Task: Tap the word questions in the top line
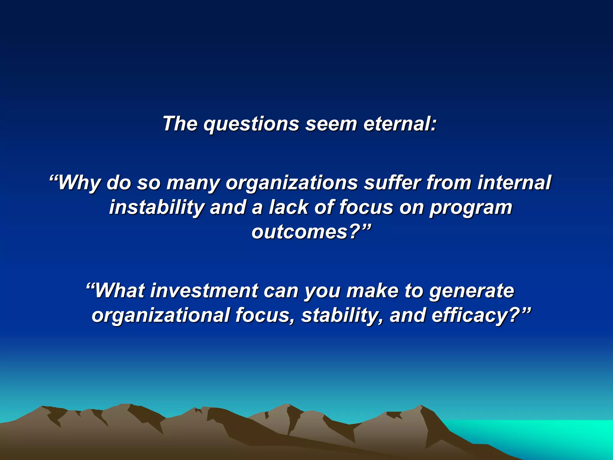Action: click(251, 124)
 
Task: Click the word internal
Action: click(514, 183)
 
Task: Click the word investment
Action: click(204, 291)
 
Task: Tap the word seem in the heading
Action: click(331, 124)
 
